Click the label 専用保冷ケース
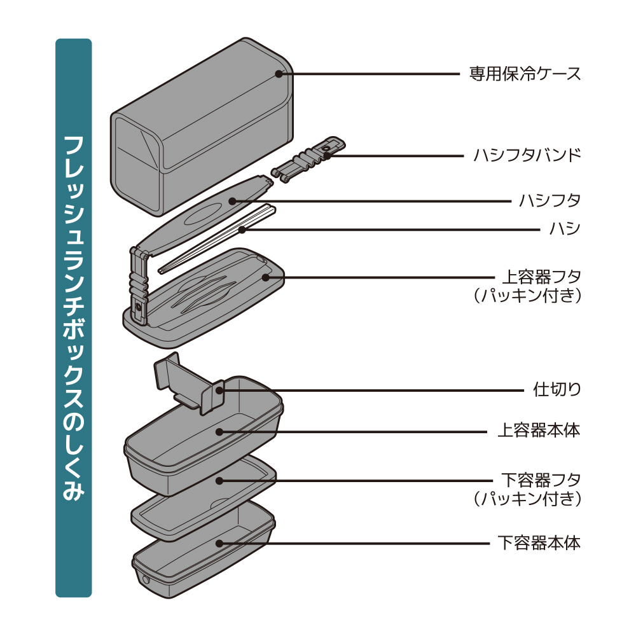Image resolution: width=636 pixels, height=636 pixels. click(x=525, y=74)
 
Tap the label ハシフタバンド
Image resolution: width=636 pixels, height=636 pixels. click(x=527, y=155)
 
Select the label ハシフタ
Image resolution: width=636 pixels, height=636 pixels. click(x=550, y=201)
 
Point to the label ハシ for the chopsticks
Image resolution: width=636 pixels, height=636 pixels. click(x=565, y=229)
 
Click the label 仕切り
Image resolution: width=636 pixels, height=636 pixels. click(x=557, y=390)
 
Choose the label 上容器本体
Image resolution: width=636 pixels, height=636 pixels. click(x=539, y=431)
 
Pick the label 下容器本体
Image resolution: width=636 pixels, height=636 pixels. click(x=539, y=543)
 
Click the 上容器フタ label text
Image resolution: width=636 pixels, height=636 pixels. click(x=541, y=277)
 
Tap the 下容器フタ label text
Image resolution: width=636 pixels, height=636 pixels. click(x=541, y=481)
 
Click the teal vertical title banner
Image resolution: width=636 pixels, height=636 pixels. click(x=73, y=318)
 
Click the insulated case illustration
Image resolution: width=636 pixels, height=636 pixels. click(x=202, y=127)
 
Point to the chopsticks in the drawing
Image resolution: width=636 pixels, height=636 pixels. click(x=217, y=239)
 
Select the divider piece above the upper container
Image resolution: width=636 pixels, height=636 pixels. click(x=189, y=383)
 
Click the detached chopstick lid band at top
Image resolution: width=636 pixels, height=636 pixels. click(x=308, y=160)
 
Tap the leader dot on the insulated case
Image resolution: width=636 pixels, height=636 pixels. click(x=279, y=74)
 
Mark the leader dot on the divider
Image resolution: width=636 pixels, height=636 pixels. click(x=219, y=391)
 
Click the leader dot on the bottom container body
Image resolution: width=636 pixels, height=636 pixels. click(x=219, y=543)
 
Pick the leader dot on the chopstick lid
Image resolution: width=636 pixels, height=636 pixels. click(x=232, y=201)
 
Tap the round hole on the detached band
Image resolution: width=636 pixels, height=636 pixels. click(x=326, y=149)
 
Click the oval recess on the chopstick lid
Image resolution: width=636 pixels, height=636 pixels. click(x=203, y=214)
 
